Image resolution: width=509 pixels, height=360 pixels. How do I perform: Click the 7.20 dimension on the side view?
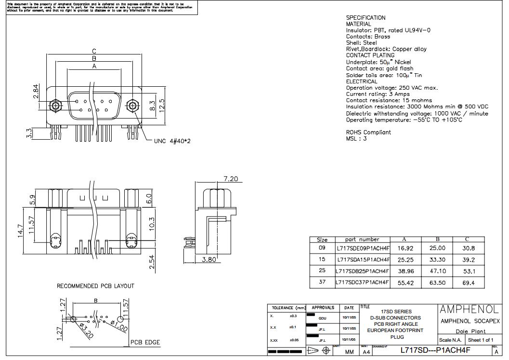pyautogui.click(x=231, y=179)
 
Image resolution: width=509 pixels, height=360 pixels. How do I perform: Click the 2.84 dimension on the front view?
pyautogui.click(x=36, y=92)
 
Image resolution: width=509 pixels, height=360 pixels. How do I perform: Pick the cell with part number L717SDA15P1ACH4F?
pyautogui.click(x=362, y=259)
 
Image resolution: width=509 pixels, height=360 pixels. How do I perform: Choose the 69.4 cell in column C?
pyautogui.click(x=468, y=282)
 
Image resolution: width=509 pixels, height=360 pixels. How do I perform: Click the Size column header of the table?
pyautogui.click(x=322, y=240)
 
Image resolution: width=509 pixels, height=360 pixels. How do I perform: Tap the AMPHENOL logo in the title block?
pyautogui.click(x=469, y=309)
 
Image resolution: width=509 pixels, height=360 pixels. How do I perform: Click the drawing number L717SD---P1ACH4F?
pyautogui.click(x=435, y=350)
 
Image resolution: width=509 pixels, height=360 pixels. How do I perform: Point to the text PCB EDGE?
pyautogui.click(x=145, y=343)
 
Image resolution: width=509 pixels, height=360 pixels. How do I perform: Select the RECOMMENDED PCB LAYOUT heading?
pyautogui.click(x=95, y=286)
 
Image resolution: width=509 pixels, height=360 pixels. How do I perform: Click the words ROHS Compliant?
pyautogui.click(x=368, y=132)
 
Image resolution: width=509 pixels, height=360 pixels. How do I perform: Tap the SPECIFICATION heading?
pyautogui.click(x=365, y=18)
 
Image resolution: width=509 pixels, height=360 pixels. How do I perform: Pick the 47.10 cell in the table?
pyautogui.click(x=437, y=271)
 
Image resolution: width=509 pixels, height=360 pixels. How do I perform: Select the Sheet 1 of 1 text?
pyautogui.click(x=481, y=340)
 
